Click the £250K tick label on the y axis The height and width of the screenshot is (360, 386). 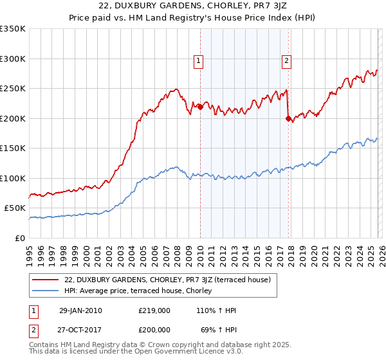click(13, 89)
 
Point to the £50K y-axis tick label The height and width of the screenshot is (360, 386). click(15, 208)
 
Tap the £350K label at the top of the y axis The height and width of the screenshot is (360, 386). click(13, 29)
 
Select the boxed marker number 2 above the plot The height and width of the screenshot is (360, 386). click(286, 62)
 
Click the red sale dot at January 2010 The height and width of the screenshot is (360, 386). click(200, 107)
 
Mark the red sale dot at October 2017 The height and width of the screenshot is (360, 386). click(288, 118)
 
